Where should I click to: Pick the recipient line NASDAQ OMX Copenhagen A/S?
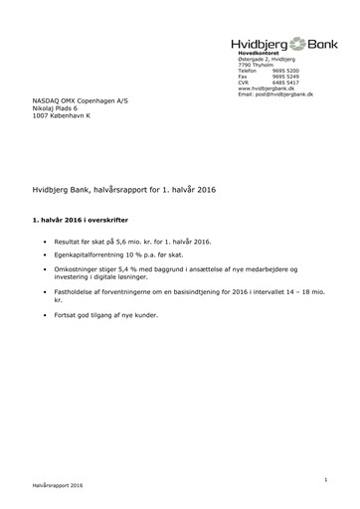click(x=79, y=102)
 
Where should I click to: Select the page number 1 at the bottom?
click(x=325, y=480)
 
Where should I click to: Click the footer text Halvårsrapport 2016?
click(x=57, y=489)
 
